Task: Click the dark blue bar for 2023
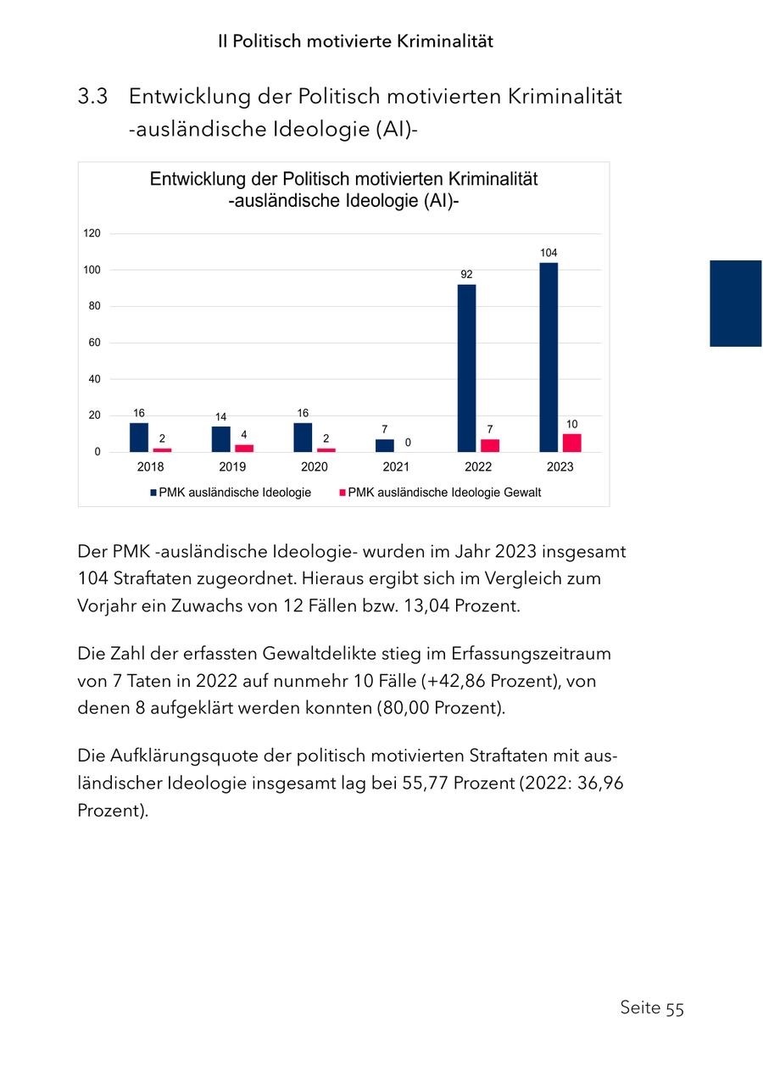[549, 357]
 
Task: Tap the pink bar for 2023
[572, 443]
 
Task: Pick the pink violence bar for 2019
[244, 448]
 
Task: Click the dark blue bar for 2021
[385, 445]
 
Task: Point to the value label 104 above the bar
[549, 253]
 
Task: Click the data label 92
[466, 274]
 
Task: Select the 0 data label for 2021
[408, 443]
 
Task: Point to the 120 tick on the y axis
[92, 233]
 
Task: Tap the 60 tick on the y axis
[94, 343]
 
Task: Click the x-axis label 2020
[314, 467]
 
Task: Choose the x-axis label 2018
[150, 467]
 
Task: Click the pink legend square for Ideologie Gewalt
[343, 493]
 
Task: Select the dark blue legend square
[153, 493]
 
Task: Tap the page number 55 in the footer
[674, 1008]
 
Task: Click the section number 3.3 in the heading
[92, 97]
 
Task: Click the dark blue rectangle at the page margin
[735, 304]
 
